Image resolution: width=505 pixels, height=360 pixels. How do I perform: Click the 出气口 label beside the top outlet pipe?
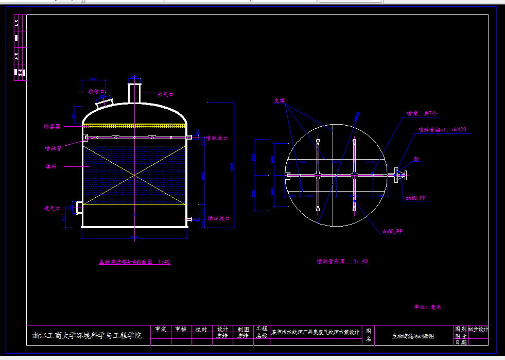coord(165,94)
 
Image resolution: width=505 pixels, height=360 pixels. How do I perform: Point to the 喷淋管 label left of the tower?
coord(53,148)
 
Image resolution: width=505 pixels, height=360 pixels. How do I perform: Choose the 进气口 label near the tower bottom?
coord(52,208)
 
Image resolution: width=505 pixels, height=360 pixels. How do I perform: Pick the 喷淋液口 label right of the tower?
coord(217,138)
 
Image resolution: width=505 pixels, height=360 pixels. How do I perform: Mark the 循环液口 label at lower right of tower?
coord(218,218)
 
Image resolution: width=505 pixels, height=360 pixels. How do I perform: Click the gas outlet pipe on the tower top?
coord(134,91)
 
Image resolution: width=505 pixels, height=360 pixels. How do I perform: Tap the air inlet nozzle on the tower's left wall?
coord(79,207)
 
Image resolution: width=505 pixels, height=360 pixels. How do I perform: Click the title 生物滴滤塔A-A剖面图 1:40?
coord(134,262)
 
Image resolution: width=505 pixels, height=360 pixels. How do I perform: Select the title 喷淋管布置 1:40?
coord(342,261)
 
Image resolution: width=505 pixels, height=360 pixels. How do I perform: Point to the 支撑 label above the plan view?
coord(280,101)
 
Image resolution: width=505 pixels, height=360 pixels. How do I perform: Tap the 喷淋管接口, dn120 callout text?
coord(442,130)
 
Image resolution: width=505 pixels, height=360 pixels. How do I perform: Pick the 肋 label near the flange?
coord(416,159)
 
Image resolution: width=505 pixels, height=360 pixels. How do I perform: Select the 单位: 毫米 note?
coord(428,306)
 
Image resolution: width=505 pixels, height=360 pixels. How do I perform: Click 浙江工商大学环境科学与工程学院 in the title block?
coord(87,336)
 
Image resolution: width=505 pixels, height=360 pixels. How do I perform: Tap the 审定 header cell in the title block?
coord(161,329)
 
